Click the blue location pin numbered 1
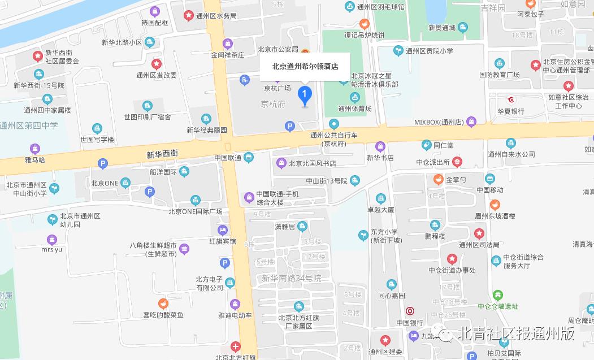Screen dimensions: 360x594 (305, 94)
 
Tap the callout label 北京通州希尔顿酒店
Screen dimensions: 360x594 (305, 66)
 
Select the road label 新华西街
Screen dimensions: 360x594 (162, 154)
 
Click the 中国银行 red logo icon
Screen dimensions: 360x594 (410, 311)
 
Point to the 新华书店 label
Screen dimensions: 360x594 (380, 158)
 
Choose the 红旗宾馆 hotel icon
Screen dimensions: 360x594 (223, 230)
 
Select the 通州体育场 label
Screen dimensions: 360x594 (354, 109)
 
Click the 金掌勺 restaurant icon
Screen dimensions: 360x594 (438, 180)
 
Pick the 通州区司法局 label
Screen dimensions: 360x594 (479, 245)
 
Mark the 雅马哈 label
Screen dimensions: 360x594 (35, 161)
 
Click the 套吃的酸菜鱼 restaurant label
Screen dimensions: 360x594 (163, 315)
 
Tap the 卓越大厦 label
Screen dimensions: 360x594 (380, 209)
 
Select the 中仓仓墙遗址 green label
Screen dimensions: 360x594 (497, 307)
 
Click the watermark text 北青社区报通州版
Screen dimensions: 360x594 (517, 333)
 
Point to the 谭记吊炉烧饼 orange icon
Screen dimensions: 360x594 (365, 24)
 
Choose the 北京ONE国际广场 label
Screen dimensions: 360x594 (195, 212)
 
